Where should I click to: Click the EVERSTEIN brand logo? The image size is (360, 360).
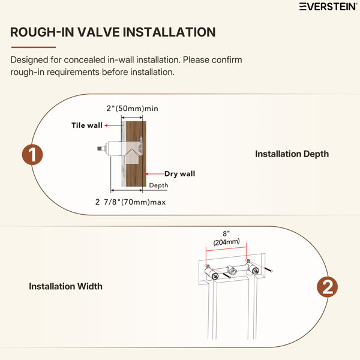(328, 7)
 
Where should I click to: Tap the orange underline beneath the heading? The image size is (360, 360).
(34, 47)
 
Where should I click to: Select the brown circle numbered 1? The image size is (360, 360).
(32, 155)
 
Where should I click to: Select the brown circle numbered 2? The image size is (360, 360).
(327, 287)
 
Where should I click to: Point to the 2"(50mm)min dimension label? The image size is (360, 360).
(132, 109)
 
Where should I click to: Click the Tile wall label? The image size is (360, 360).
(87, 125)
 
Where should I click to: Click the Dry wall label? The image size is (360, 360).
(180, 174)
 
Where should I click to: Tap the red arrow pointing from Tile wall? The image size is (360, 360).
(114, 125)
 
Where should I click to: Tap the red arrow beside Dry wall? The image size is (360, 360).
(155, 174)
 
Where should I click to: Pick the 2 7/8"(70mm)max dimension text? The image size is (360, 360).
(130, 202)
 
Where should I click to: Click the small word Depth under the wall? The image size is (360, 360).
(158, 185)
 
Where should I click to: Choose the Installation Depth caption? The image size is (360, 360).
(292, 154)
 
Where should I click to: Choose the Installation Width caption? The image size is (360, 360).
(65, 286)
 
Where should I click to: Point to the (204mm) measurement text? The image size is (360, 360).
(226, 242)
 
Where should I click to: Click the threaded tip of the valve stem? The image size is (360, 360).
(100, 149)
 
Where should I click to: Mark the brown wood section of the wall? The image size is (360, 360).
(136, 154)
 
